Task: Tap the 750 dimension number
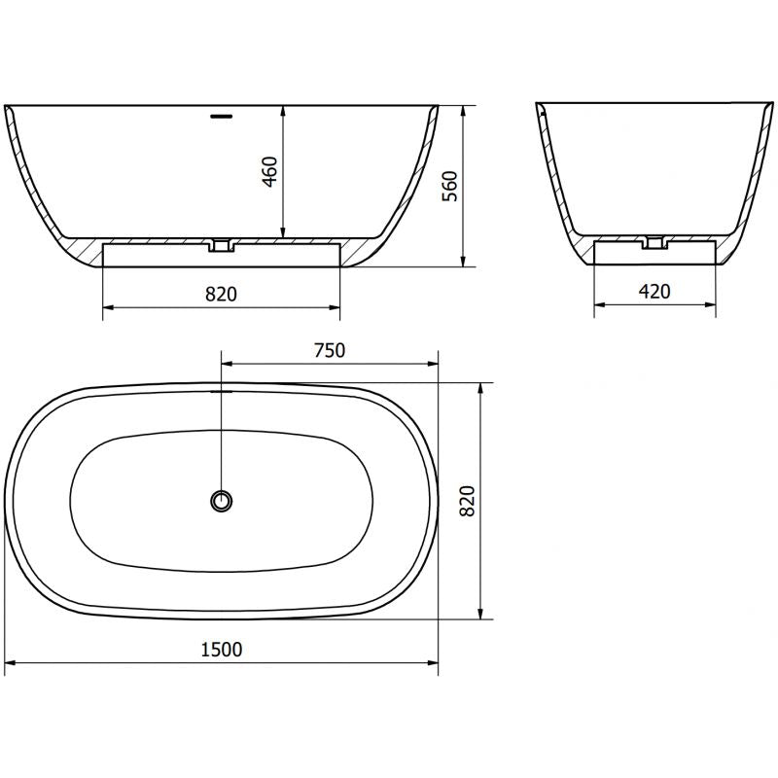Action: tap(330, 351)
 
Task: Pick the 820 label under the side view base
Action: tap(222, 293)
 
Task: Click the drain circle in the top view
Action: tap(223, 501)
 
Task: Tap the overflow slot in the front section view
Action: tap(223, 116)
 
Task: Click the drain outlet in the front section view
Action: tap(223, 245)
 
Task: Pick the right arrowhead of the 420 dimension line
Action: tap(718, 306)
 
